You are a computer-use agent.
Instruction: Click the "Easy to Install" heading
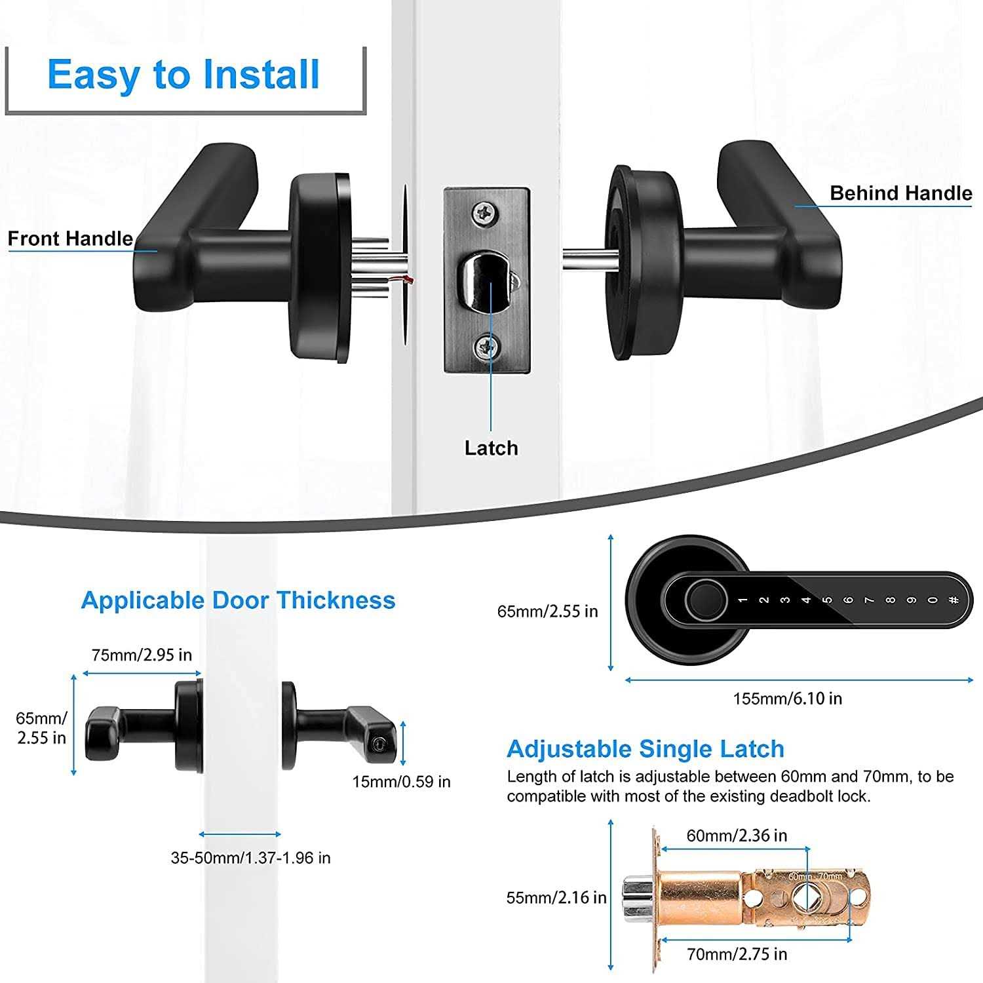[x=183, y=74]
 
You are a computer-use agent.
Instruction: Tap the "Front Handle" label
[x=70, y=239]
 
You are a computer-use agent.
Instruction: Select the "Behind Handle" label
[x=900, y=193]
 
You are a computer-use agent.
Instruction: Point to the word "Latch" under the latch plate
[x=491, y=448]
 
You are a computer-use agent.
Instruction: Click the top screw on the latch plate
[x=486, y=212]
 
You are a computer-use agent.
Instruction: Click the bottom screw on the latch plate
[x=486, y=347]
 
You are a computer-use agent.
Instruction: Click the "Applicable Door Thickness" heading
[x=238, y=600]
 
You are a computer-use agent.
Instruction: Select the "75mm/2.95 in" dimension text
[x=142, y=655]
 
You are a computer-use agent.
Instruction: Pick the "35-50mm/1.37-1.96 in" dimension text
[x=250, y=857]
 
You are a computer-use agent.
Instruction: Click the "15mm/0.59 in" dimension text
[x=401, y=781]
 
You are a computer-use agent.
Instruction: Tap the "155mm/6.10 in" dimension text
[x=787, y=699]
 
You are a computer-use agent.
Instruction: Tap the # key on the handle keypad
[x=953, y=600]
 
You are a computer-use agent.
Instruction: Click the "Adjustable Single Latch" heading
[x=645, y=748]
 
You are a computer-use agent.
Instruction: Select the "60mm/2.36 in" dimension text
[x=737, y=836]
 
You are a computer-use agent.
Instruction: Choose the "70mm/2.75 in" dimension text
[x=737, y=954]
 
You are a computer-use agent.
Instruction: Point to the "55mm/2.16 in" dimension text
[x=556, y=897]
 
